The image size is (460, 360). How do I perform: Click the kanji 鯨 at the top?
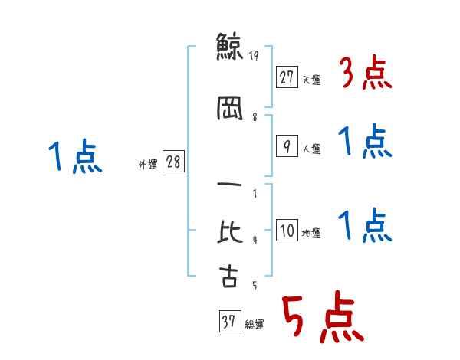click(x=229, y=46)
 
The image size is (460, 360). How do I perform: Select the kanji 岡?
click(x=230, y=108)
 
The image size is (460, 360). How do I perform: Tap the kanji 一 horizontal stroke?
click(x=229, y=185)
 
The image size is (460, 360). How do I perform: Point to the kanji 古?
click(x=229, y=276)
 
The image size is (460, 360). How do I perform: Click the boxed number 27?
click(x=287, y=77)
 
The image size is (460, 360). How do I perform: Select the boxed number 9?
click(x=287, y=146)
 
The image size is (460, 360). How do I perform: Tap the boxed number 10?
click(x=287, y=230)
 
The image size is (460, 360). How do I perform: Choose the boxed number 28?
click(x=173, y=162)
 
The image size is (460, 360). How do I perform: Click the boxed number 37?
click(x=230, y=321)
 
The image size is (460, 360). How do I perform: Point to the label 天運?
click(x=312, y=80)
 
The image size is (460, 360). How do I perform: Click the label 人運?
click(x=312, y=149)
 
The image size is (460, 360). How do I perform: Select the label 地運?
click(x=311, y=234)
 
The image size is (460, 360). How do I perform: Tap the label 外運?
click(x=148, y=165)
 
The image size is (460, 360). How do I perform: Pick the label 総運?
click(x=255, y=325)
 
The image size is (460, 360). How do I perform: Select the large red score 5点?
click(x=324, y=316)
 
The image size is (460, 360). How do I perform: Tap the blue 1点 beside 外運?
click(x=75, y=155)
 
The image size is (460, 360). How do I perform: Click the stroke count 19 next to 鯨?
click(x=254, y=56)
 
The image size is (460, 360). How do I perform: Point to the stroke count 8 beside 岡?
click(x=255, y=117)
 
